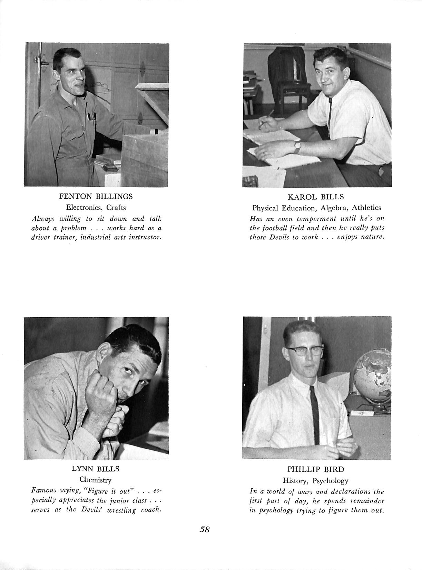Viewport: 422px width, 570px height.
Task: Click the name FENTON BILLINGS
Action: (x=96, y=197)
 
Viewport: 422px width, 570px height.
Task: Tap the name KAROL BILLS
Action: (x=316, y=197)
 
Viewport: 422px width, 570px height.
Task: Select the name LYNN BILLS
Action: (x=96, y=469)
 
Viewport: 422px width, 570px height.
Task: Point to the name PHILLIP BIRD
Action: (x=316, y=469)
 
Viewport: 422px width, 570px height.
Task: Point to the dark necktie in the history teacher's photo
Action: (x=315, y=414)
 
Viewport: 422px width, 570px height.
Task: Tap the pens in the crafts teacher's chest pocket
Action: (x=91, y=117)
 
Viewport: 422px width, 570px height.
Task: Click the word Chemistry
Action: (x=96, y=480)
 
